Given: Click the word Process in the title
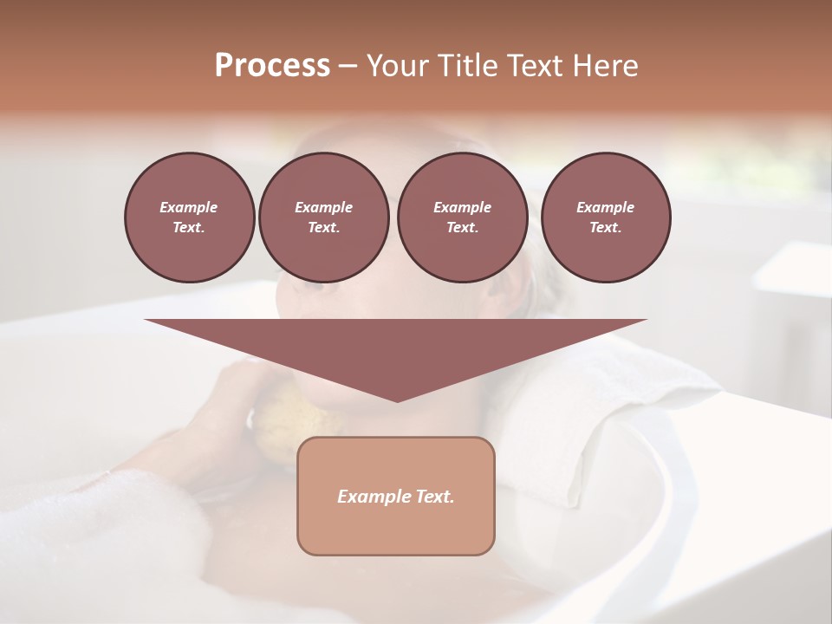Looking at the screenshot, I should (272, 66).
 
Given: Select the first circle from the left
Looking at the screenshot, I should (189, 218).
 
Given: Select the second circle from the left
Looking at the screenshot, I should (323, 218).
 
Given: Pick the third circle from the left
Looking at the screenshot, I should (462, 218).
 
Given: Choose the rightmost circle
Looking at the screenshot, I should (605, 218).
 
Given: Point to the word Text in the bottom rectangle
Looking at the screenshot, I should (433, 497).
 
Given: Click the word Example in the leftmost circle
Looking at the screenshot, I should (189, 207).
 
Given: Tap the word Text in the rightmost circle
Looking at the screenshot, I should (605, 228).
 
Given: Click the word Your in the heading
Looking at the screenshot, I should (396, 66).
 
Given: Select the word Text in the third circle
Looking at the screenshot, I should (462, 228).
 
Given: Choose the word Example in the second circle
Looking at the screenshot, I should (323, 207).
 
